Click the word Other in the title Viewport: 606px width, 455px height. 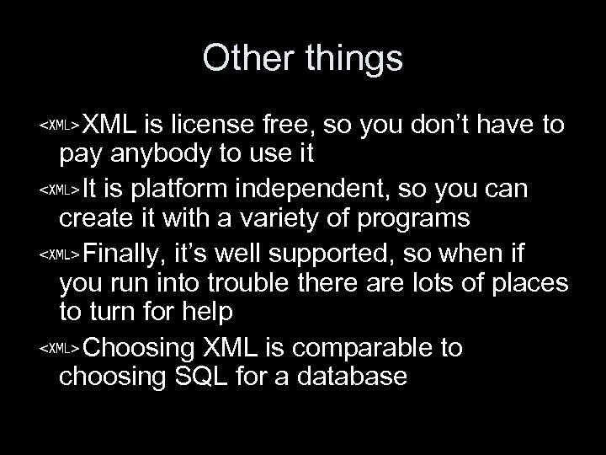click(248, 60)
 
